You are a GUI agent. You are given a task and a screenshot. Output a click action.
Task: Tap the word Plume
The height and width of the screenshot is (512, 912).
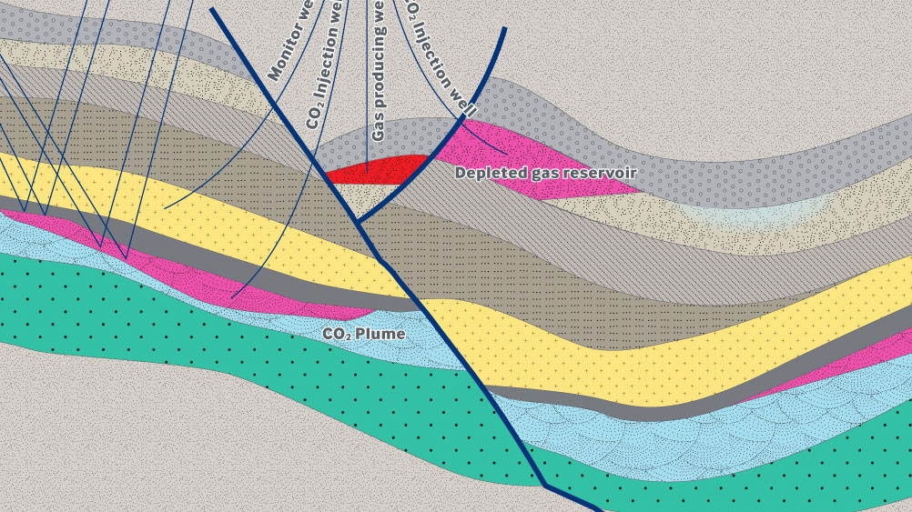380,334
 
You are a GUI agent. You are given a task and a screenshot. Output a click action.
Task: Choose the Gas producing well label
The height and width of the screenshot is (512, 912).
379,73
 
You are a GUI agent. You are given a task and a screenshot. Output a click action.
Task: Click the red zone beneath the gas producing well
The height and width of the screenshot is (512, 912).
378,170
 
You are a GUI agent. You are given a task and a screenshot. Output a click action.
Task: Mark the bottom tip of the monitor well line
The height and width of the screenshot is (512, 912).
165,208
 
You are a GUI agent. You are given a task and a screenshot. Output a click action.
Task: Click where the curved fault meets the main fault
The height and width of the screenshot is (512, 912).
357,222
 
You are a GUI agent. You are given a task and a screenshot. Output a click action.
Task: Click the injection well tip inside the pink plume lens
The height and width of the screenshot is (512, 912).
232,296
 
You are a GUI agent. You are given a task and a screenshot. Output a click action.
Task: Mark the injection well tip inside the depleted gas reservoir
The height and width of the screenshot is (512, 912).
507,152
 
